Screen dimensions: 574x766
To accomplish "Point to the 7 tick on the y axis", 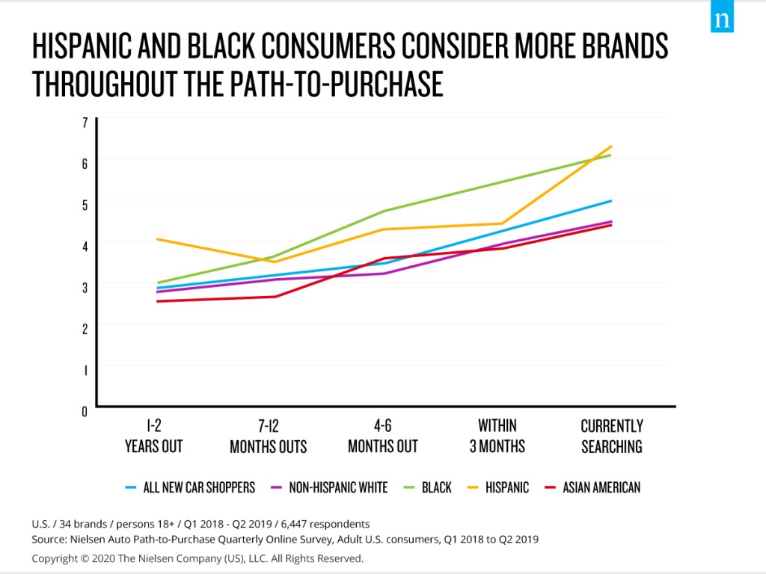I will pyautogui.click(x=85, y=121).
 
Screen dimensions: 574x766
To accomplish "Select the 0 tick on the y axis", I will pyautogui.click(x=85, y=410).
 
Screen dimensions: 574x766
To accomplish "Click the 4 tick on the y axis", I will pyautogui.click(x=85, y=245).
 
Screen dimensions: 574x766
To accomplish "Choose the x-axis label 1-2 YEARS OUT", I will pyautogui.click(x=154, y=436).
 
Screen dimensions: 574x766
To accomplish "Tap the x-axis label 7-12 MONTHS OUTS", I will pyautogui.click(x=268, y=436).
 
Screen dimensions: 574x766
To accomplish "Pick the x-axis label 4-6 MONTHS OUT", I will pyautogui.click(x=382, y=436).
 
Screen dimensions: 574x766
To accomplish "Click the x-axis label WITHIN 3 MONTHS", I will pyautogui.click(x=497, y=436).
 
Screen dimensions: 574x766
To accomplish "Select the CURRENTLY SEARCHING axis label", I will pyautogui.click(x=611, y=436).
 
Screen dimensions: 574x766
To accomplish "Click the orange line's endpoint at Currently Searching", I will pyautogui.click(x=612, y=146).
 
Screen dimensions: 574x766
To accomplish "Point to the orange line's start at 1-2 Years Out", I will pyautogui.click(x=156, y=239).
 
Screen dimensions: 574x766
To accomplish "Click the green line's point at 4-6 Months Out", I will pyautogui.click(x=383, y=212).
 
